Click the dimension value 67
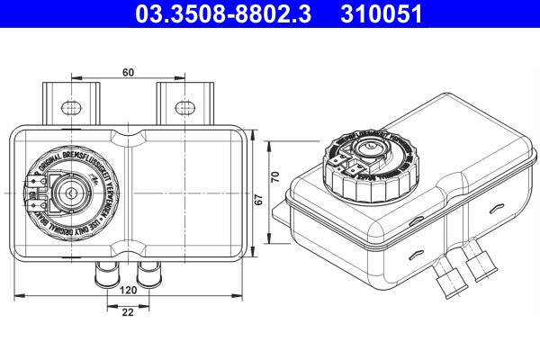257,202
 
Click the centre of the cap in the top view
68,193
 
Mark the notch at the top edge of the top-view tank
132,138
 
